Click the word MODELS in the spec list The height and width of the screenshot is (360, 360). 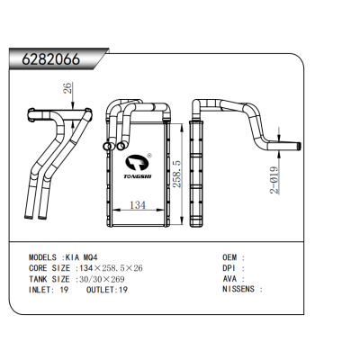(45, 256)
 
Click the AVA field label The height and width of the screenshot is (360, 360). (230, 278)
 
